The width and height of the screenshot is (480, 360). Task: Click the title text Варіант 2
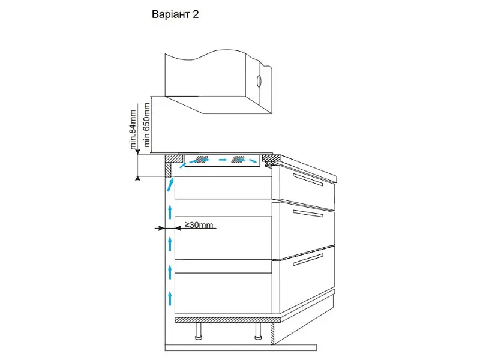coord(175,14)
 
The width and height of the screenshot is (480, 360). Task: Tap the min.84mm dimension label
coord(133,130)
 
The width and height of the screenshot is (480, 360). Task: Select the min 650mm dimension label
coord(147,124)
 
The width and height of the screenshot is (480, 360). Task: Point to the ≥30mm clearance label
coord(199,225)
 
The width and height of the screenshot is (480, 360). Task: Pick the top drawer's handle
coord(308,179)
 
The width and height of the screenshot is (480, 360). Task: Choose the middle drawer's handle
coord(308,214)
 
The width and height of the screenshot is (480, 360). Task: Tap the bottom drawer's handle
coord(308,260)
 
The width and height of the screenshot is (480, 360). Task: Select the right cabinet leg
coord(258,331)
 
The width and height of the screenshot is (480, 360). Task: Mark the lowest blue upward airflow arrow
coord(170,298)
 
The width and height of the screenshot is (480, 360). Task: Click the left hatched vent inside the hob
coord(201,159)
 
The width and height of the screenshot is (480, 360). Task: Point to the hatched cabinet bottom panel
coord(228,320)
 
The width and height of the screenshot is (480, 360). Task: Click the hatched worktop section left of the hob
coord(174,158)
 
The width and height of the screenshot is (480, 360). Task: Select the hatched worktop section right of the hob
coord(272,158)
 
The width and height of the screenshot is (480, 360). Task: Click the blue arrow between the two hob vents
coord(223,160)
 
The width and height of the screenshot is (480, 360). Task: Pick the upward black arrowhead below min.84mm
coord(138,178)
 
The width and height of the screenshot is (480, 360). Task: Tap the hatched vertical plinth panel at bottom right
coord(273,334)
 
